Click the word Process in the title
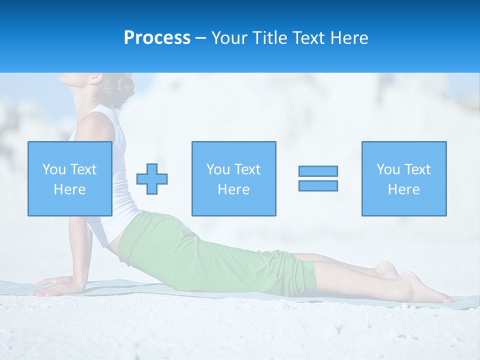[x=157, y=38]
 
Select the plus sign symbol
[x=152, y=179]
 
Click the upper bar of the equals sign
[x=318, y=171]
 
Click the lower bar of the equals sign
[x=318, y=186]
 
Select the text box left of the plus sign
[x=69, y=178]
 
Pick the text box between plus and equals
[x=233, y=178]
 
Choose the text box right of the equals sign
[x=404, y=178]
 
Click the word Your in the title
[x=229, y=38]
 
